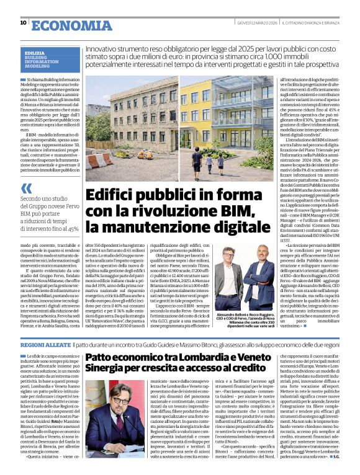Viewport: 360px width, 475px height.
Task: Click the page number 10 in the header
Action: tap(23, 22)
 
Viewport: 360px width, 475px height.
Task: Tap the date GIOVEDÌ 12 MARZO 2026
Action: tap(256, 23)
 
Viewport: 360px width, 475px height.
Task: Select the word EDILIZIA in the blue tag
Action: tap(35, 53)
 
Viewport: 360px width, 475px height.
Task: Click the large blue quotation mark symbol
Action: tap(26, 188)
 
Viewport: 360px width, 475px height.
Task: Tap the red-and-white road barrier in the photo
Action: tap(101, 160)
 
